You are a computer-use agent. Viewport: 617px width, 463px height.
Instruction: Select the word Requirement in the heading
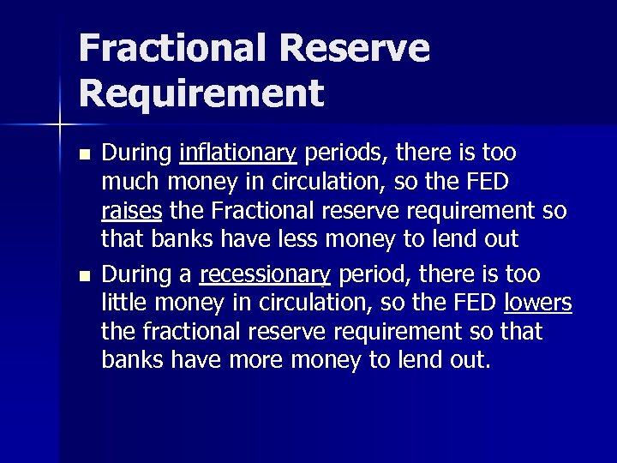pos(201,92)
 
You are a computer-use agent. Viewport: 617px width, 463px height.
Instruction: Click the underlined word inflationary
pos(237,153)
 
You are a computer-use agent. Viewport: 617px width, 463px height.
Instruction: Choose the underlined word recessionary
pos(265,274)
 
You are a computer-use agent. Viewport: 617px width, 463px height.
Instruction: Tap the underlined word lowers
pos(538,303)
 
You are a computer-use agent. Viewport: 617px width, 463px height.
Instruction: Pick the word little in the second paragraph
pos(125,303)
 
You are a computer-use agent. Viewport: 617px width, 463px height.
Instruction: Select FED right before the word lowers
pos(473,303)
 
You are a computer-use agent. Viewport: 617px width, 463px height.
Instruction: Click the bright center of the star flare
pos(59,126)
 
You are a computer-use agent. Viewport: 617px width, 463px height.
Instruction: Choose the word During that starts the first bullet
pos(136,153)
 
